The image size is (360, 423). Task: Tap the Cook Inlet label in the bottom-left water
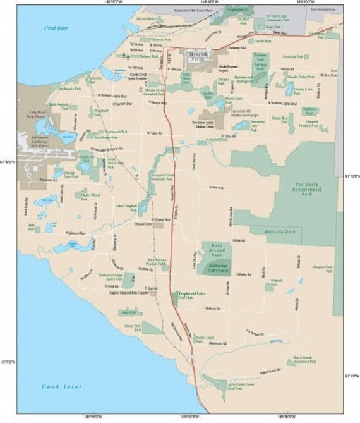(61, 386)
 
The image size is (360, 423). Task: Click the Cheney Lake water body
(289, 89)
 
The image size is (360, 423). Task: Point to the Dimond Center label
(144, 224)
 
